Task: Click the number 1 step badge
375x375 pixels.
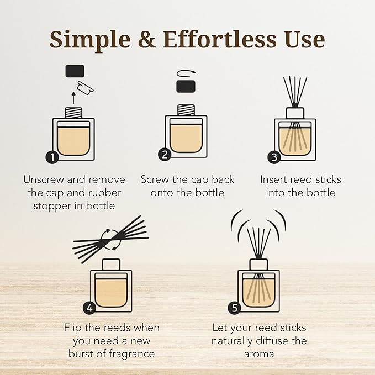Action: click(52, 157)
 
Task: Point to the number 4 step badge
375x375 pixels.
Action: click(89, 308)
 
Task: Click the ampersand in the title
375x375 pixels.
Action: click(140, 39)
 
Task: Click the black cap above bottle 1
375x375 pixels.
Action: click(75, 70)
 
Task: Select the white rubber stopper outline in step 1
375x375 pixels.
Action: click(86, 86)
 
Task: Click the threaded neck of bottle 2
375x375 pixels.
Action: click(185, 110)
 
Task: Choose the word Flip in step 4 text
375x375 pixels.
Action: click(74, 327)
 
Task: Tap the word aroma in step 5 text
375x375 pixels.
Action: click(258, 354)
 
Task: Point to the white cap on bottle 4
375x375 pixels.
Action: click(111, 264)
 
